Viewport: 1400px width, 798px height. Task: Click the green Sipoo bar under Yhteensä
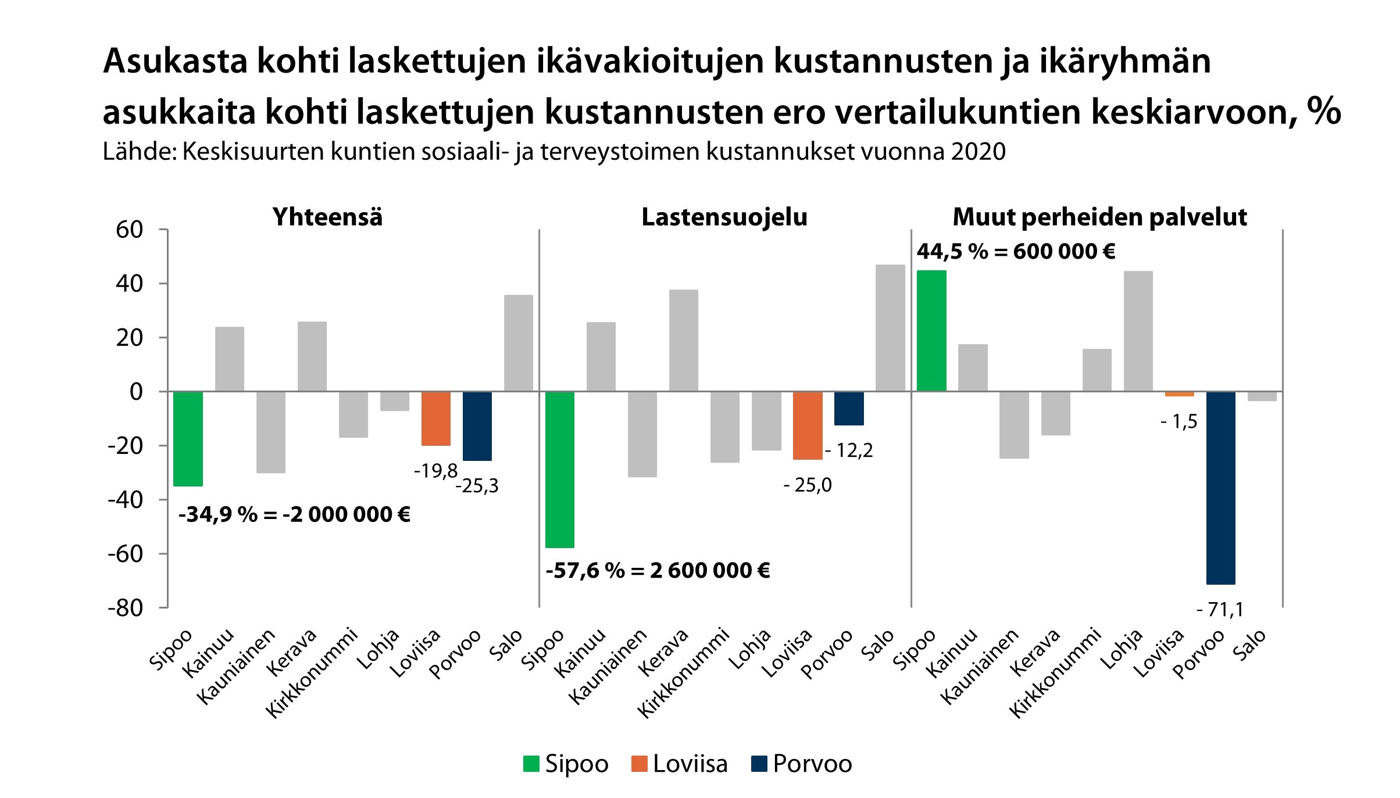(x=188, y=438)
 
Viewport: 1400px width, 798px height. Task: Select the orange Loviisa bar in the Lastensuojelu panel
(x=808, y=425)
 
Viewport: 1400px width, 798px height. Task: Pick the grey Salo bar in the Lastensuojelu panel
(x=890, y=328)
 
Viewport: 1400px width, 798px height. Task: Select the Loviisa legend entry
(x=679, y=764)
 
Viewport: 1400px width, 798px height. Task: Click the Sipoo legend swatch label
(x=566, y=764)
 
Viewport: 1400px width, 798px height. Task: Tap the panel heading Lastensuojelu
(x=724, y=217)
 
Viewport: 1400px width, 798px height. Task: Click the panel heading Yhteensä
(x=327, y=217)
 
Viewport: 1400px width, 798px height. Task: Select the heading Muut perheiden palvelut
(x=1099, y=217)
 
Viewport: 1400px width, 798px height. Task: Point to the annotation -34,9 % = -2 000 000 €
(x=294, y=514)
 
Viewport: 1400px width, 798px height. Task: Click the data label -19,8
(x=435, y=471)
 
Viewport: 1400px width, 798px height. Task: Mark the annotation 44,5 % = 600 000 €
(x=1016, y=252)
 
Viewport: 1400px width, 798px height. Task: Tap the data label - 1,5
(x=1178, y=421)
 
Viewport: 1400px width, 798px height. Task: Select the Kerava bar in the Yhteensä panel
(x=312, y=356)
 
